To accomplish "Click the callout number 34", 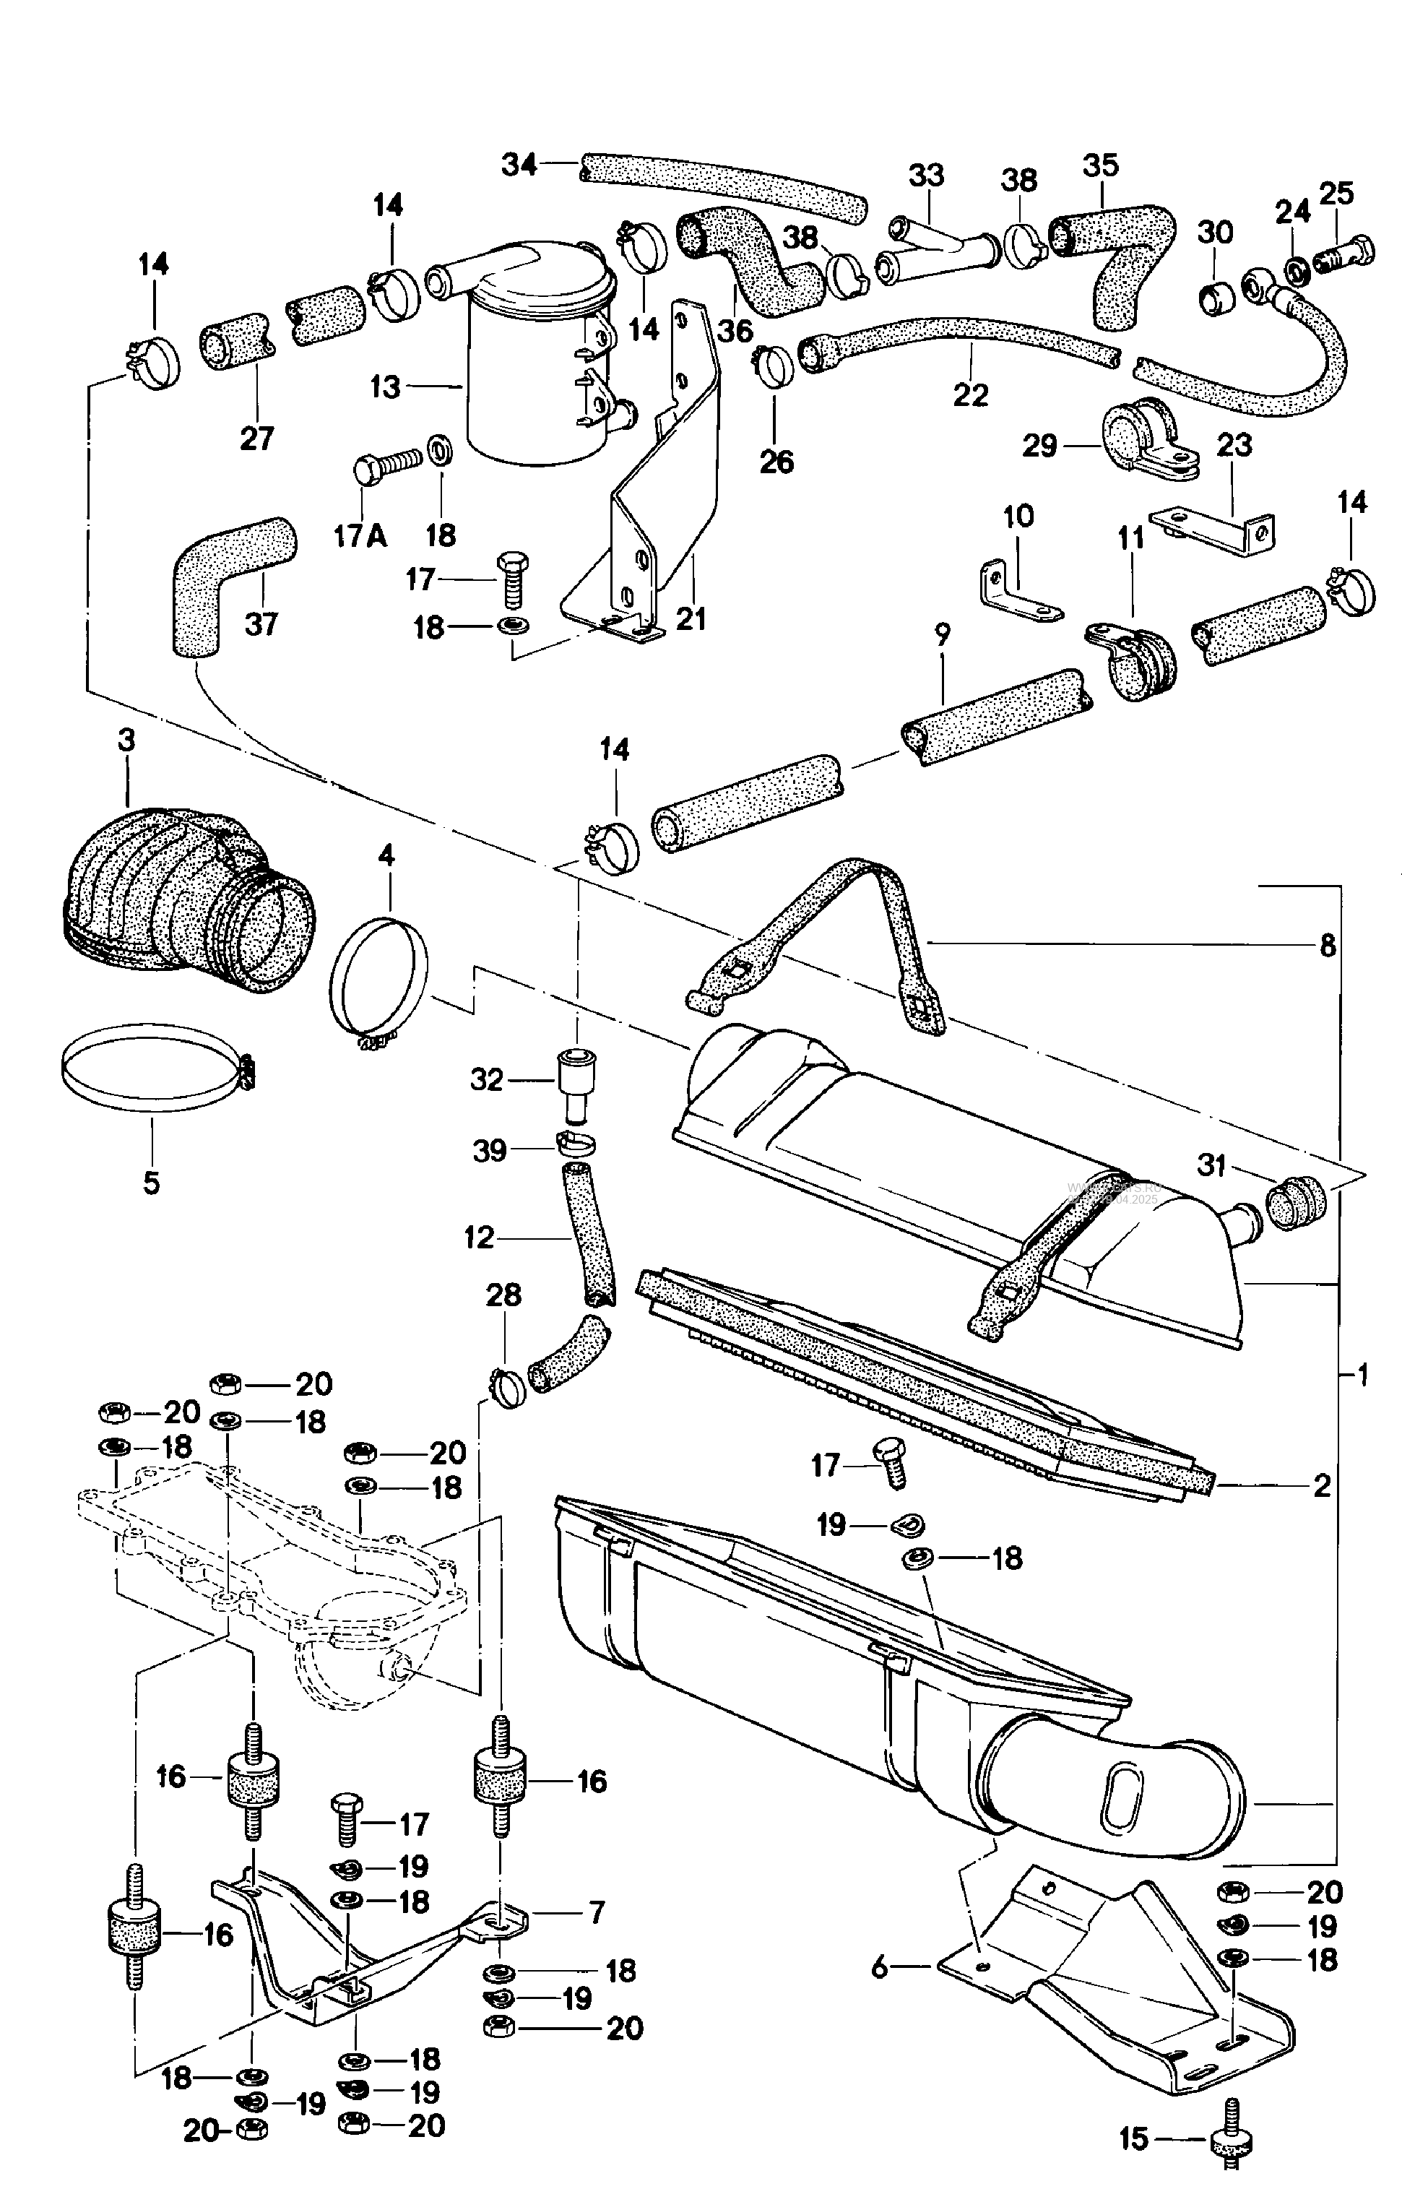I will click(x=519, y=165).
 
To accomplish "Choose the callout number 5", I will click(x=151, y=1183).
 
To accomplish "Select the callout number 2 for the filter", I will click(x=1322, y=1486).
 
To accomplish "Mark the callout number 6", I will click(x=880, y=1966).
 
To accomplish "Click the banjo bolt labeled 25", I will click(x=1343, y=249).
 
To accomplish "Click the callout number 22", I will click(x=970, y=395).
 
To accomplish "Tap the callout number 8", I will click(x=1328, y=945).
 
